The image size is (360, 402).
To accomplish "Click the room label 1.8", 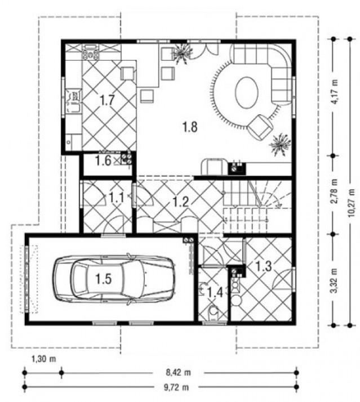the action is click(x=190, y=127).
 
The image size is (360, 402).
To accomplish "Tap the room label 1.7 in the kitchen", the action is click(x=106, y=100).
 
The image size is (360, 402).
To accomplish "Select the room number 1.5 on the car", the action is click(x=104, y=279).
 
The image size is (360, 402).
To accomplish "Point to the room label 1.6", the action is click(x=103, y=161).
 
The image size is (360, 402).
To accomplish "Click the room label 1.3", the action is click(x=264, y=266).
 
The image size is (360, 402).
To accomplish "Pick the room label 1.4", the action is click(x=215, y=292).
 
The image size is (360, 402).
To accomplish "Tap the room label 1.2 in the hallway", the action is click(x=180, y=202).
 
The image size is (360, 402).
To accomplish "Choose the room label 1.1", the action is click(x=117, y=198).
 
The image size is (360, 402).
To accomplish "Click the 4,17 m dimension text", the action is click(x=335, y=92).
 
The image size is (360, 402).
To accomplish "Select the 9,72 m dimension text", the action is click(x=176, y=387).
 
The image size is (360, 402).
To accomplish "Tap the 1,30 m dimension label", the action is click(x=43, y=359).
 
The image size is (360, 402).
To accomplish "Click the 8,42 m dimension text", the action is click(x=179, y=372).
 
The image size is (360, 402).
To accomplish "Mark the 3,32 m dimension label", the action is click(x=335, y=281).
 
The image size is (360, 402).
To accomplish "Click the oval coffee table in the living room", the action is click(x=247, y=92).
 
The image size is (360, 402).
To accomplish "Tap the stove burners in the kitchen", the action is click(x=90, y=55).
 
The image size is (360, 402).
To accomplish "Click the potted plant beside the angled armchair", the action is click(x=279, y=144).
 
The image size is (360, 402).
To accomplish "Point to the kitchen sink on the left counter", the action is click(x=74, y=101).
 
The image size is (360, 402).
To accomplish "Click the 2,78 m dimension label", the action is click(x=335, y=191).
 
